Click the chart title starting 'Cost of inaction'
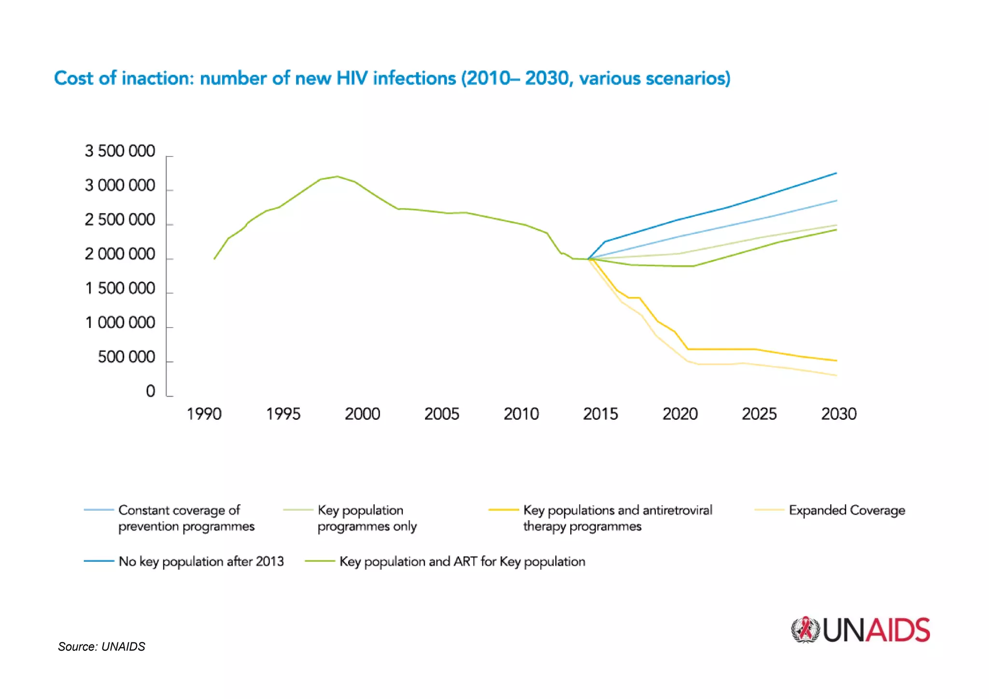point(392,78)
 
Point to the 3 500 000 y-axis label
point(120,151)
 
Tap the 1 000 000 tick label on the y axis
point(120,323)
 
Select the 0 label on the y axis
point(151,391)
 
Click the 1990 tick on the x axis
point(204,414)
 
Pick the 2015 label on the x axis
point(600,414)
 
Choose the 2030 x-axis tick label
point(839,414)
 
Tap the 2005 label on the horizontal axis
point(441,414)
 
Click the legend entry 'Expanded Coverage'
point(847,510)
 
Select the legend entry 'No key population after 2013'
point(201,561)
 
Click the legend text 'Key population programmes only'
point(367,518)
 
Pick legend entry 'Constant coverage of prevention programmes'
point(186,518)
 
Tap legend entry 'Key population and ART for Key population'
point(462,561)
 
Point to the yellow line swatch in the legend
point(503,510)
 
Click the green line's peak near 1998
point(337,176)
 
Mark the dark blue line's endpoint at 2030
point(836,173)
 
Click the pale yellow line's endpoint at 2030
point(836,375)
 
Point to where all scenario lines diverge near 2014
point(588,259)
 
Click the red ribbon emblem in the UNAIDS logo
point(805,629)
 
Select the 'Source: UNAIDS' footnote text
point(101,647)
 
